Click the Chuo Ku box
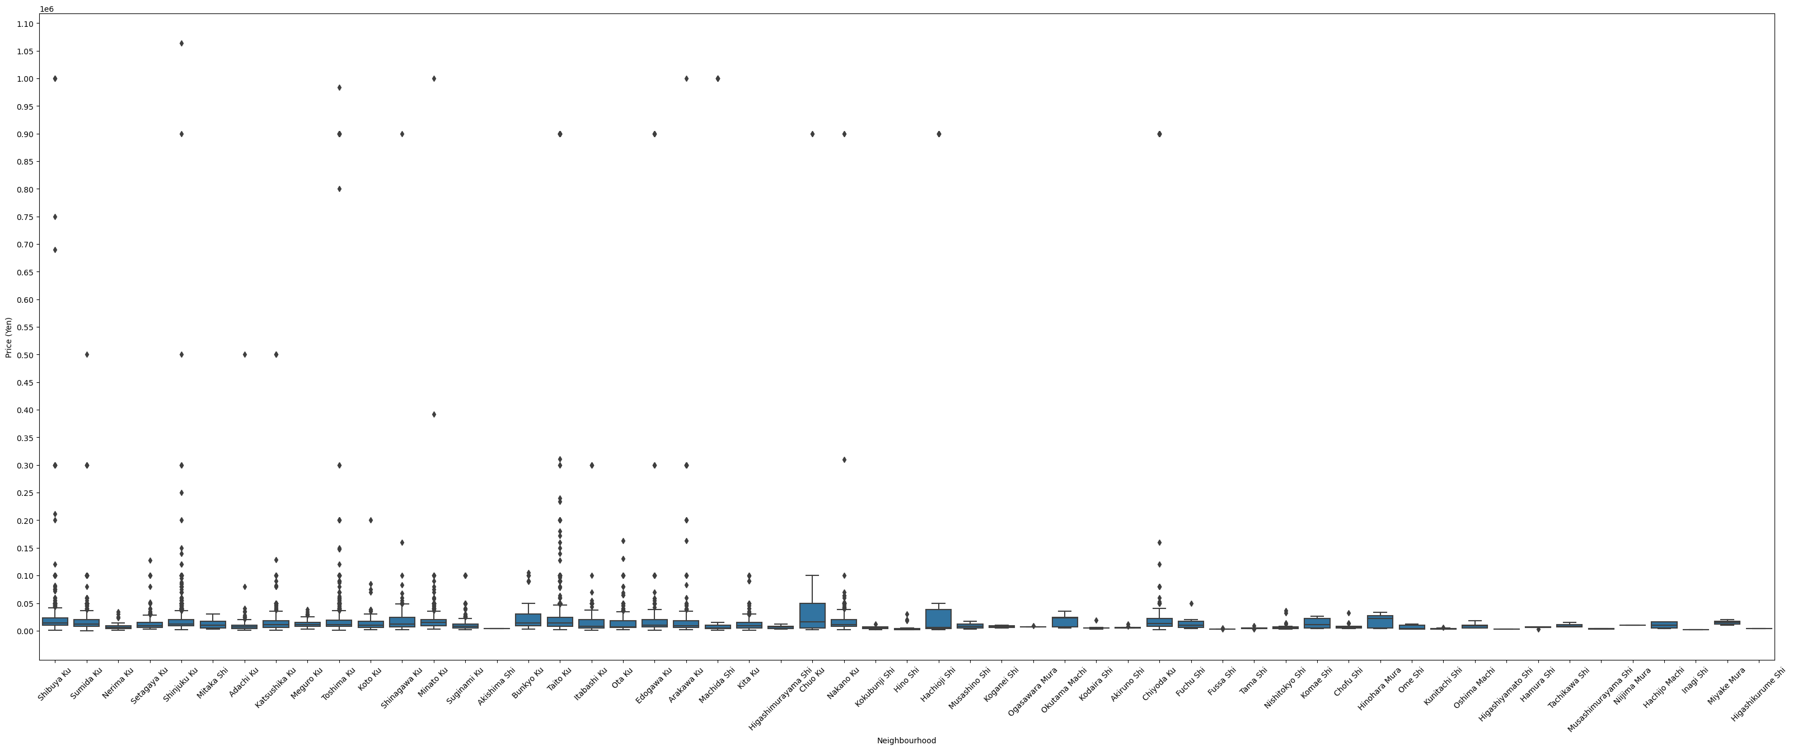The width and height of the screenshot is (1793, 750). [x=812, y=615]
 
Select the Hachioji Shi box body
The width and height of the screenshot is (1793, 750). [x=938, y=618]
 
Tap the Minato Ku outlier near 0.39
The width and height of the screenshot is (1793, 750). [x=434, y=415]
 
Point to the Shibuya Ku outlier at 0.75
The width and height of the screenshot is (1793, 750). [x=55, y=217]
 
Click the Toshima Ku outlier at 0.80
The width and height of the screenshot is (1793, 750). [x=340, y=189]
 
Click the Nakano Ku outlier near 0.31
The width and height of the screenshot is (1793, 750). [x=844, y=460]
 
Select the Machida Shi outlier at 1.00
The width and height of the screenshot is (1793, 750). [x=718, y=78]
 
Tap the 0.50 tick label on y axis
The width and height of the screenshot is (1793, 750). [x=25, y=355]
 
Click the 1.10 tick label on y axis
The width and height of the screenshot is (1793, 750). [x=25, y=24]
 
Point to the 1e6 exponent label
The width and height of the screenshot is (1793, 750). [x=46, y=9]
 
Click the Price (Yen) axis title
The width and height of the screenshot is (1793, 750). [x=8, y=337]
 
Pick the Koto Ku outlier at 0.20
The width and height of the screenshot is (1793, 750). [x=371, y=521]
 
